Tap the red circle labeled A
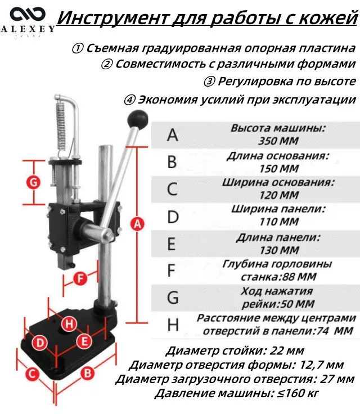137,224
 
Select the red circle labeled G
34,182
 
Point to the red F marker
80,278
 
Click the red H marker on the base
69,323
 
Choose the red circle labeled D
39,343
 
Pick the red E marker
84,341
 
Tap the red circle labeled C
32,374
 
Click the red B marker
87,373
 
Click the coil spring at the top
61,126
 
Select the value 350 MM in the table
278,141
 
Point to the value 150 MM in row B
279,168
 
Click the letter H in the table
173,325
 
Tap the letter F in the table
172,271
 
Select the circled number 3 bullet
209,82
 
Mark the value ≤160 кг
298,393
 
